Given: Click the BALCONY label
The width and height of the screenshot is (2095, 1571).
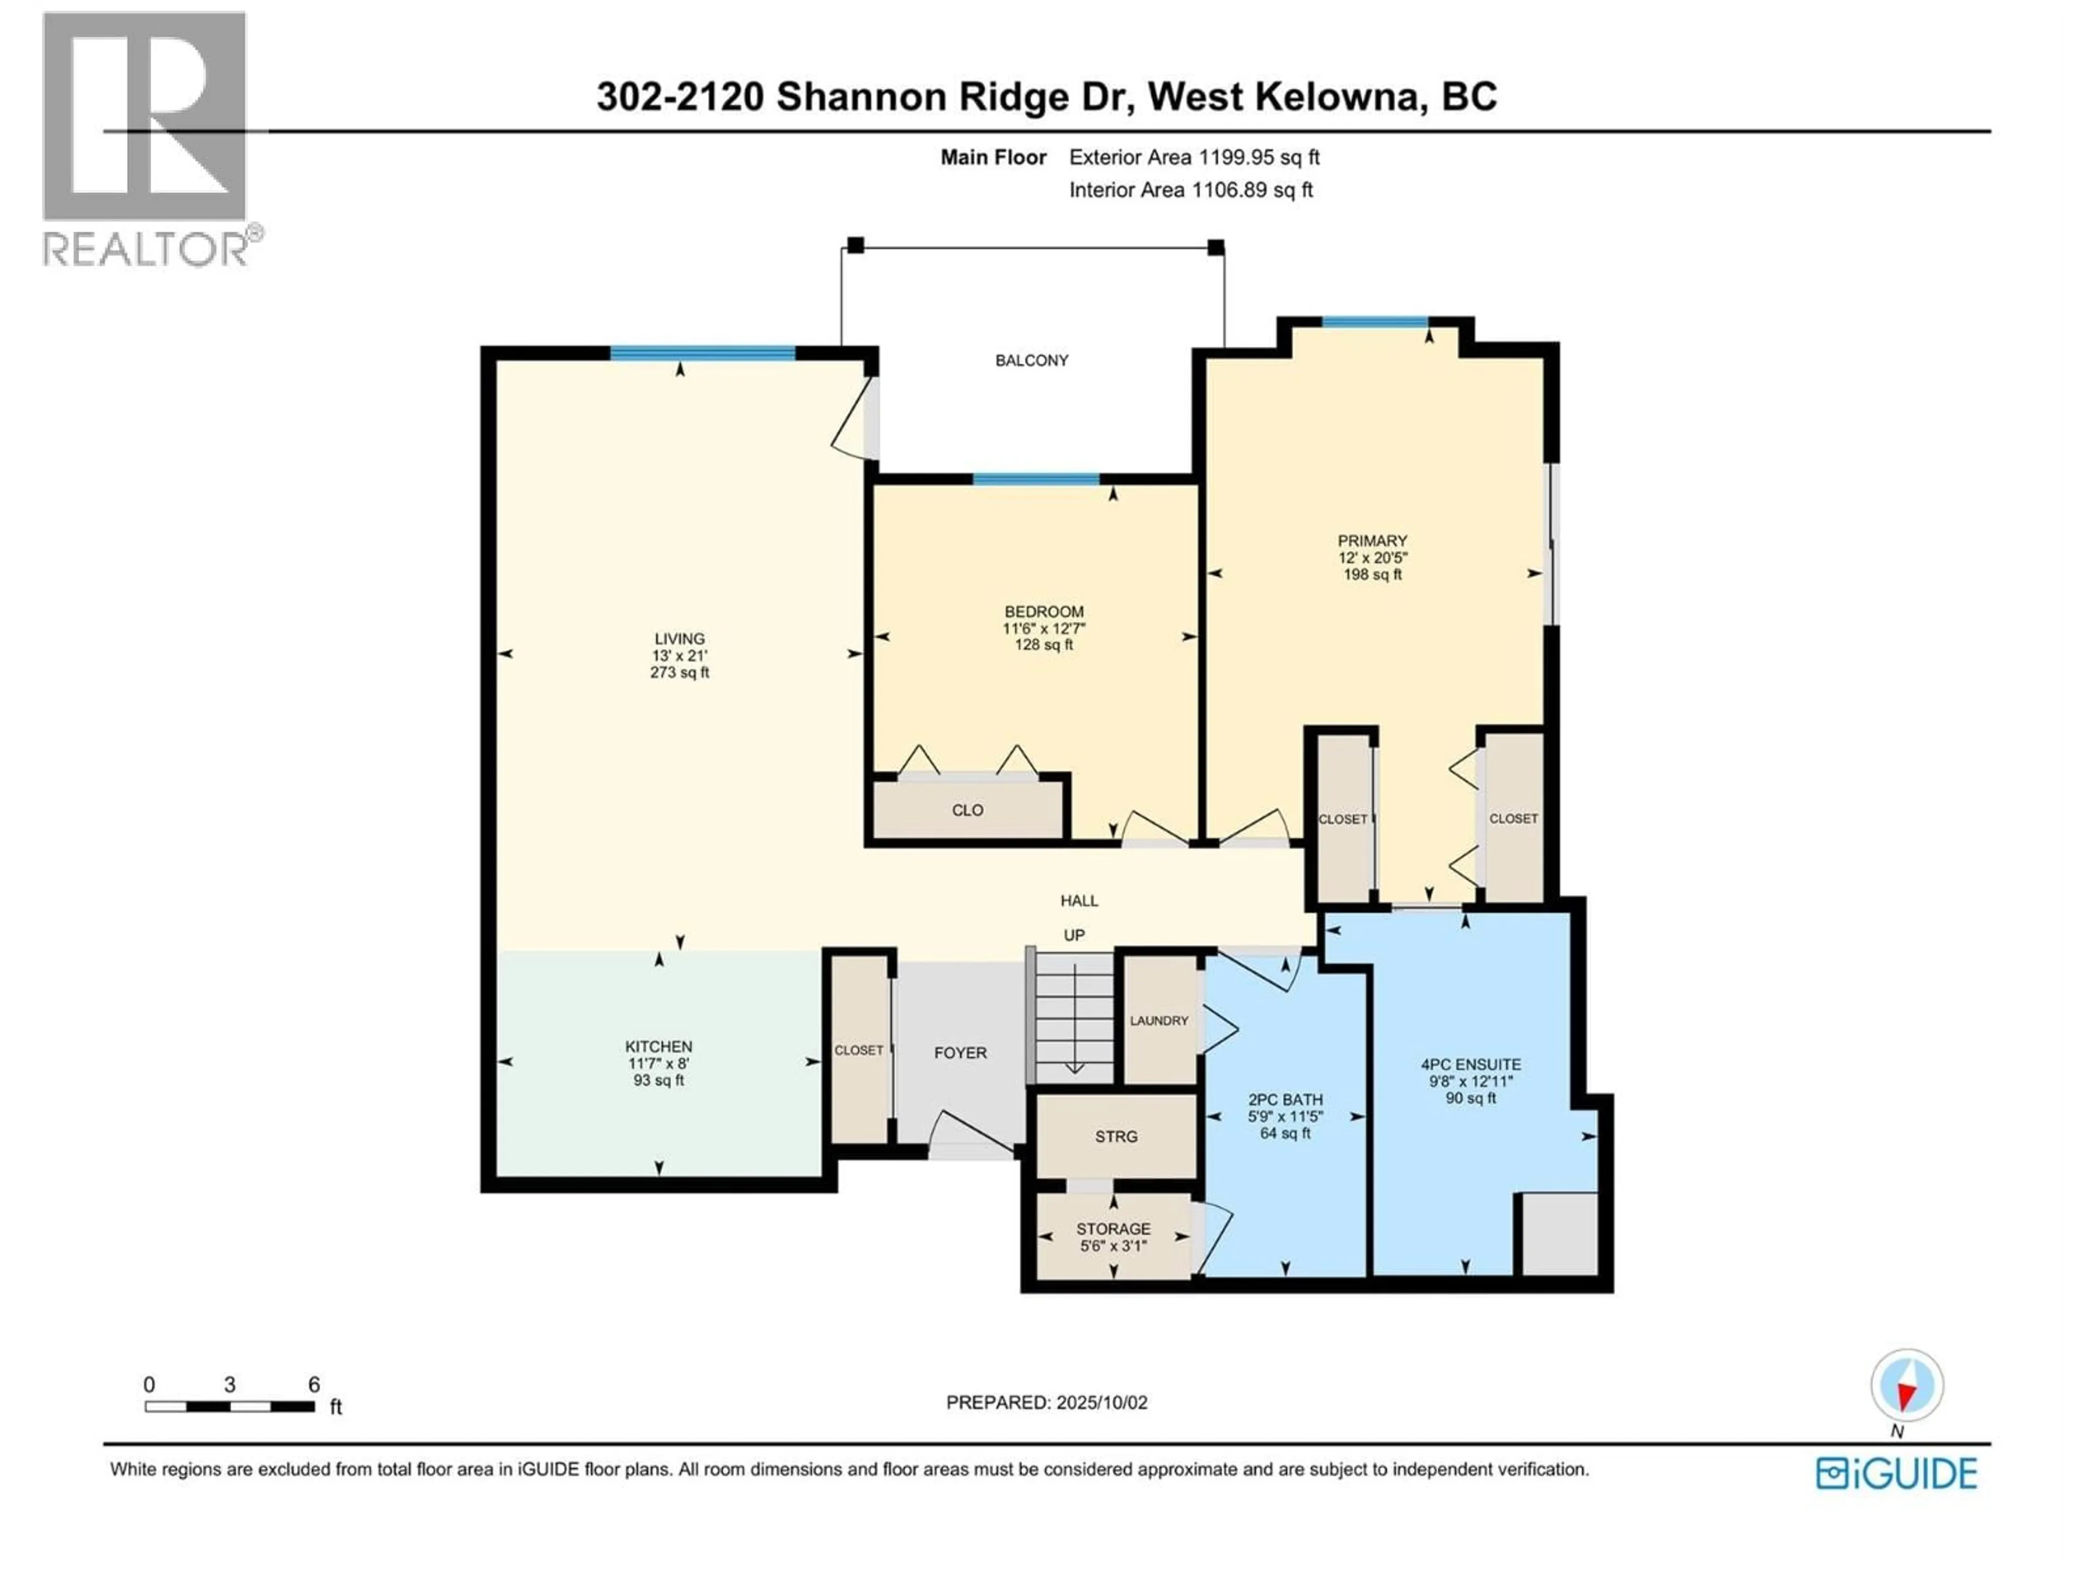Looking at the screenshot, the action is tap(1031, 360).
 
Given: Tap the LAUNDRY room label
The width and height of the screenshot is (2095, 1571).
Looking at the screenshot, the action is tap(1158, 1021).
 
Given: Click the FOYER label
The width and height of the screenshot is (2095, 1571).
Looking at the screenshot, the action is tap(960, 1053).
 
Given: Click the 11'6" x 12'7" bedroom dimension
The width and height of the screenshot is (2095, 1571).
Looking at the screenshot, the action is tap(1044, 628).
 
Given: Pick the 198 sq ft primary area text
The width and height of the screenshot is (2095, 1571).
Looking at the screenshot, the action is tap(1372, 574).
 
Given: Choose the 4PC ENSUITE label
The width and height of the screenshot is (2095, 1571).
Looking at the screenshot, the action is tap(1471, 1064).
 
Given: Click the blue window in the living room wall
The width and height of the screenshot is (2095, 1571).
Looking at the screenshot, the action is tap(702, 353).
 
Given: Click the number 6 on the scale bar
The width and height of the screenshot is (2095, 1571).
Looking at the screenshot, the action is tap(314, 1384).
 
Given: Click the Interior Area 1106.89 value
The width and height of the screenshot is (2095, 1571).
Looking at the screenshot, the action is tap(1229, 189).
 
